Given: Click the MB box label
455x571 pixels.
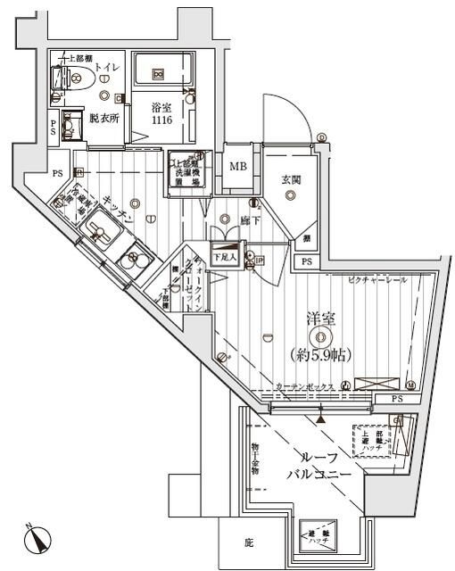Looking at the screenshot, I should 239,166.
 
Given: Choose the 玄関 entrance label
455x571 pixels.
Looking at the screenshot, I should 291,179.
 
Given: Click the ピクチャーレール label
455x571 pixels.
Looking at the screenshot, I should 377,279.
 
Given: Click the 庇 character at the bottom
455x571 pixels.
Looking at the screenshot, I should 249,542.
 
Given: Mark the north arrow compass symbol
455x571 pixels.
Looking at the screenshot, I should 40,540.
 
